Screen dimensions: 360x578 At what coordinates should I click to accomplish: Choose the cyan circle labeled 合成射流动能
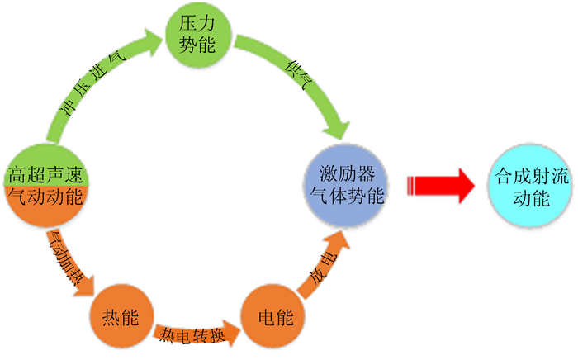531,186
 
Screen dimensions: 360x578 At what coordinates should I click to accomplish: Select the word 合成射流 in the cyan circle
531,176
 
